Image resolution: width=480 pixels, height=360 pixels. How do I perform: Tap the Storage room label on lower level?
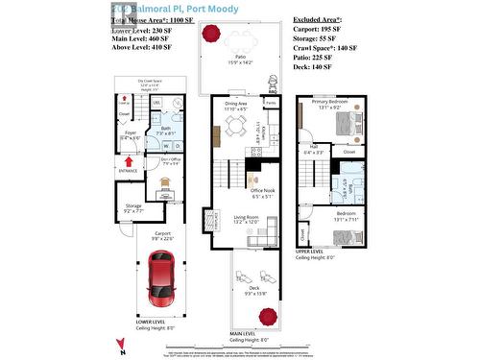132,204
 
